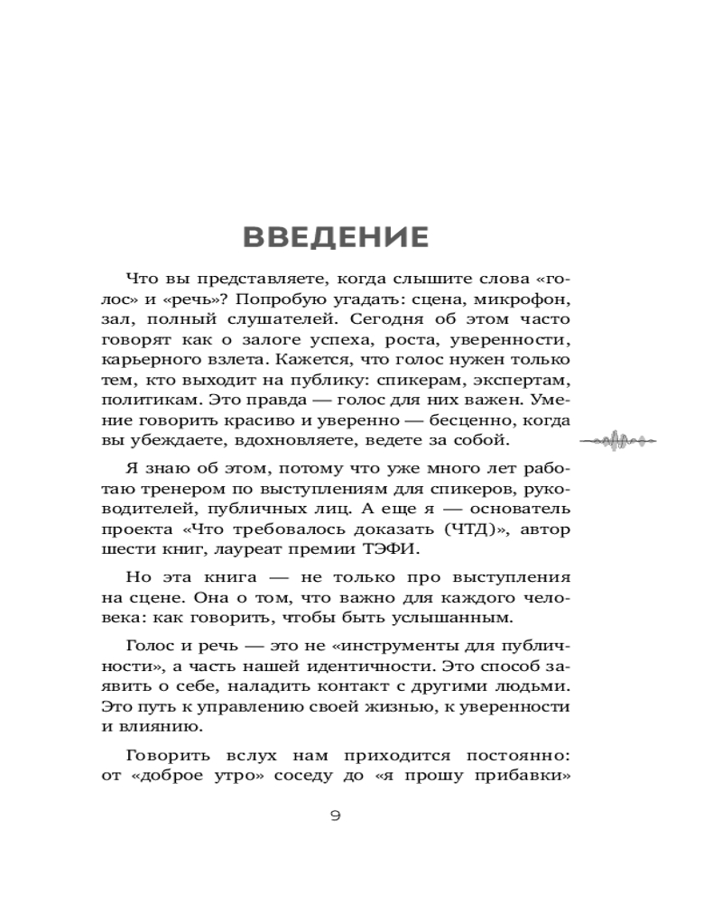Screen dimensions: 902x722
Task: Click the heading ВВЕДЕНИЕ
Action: click(x=336, y=237)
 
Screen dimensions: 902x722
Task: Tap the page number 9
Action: click(x=336, y=816)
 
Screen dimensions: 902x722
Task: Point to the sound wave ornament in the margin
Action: click(x=618, y=440)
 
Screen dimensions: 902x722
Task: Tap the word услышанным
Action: click(x=446, y=619)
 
